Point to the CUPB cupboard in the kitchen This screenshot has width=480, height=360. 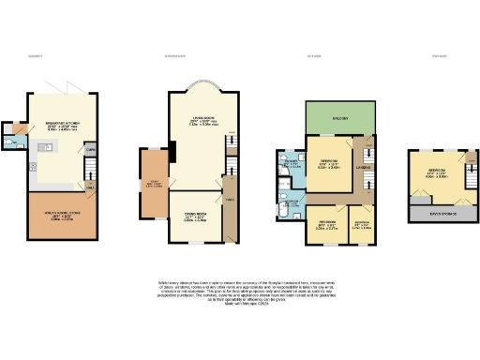click(x=91, y=149)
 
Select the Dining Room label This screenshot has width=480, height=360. click(x=195, y=221)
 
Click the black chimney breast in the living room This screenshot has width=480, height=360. click(x=172, y=149)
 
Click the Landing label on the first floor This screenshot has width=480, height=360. click(x=365, y=168)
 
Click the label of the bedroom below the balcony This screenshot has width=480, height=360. click(x=329, y=162)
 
